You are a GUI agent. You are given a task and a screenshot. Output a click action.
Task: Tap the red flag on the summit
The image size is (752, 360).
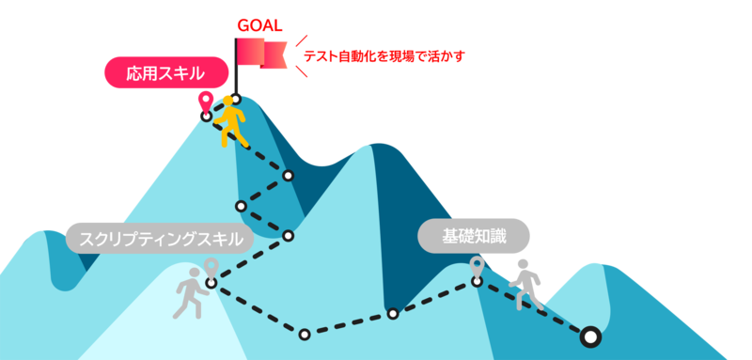point(262,54)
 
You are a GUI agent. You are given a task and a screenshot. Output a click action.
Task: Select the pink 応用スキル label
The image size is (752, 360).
point(165,72)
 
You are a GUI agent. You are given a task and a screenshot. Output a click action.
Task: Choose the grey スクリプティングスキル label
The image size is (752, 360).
point(159,238)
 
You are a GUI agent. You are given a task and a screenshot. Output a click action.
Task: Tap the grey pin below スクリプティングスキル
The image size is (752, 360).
point(211,267)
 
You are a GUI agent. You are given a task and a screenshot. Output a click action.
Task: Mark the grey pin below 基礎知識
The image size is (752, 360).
point(478,266)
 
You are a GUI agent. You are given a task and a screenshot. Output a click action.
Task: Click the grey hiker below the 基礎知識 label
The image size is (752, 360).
point(525,285)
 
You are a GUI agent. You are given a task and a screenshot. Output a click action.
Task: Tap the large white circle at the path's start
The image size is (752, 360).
point(589,336)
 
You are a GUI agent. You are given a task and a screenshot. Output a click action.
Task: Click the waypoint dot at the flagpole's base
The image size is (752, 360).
point(236,99)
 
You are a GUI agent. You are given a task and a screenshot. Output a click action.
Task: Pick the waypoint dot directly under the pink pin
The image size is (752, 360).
point(207,117)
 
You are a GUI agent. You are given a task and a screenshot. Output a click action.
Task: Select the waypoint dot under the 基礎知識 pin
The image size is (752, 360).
point(478,282)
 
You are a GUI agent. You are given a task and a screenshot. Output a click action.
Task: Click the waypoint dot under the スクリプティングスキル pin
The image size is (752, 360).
point(211,283)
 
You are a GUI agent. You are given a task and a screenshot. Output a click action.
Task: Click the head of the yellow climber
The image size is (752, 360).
point(232,102)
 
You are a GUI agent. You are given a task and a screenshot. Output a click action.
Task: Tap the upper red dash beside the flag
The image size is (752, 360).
point(301,40)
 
